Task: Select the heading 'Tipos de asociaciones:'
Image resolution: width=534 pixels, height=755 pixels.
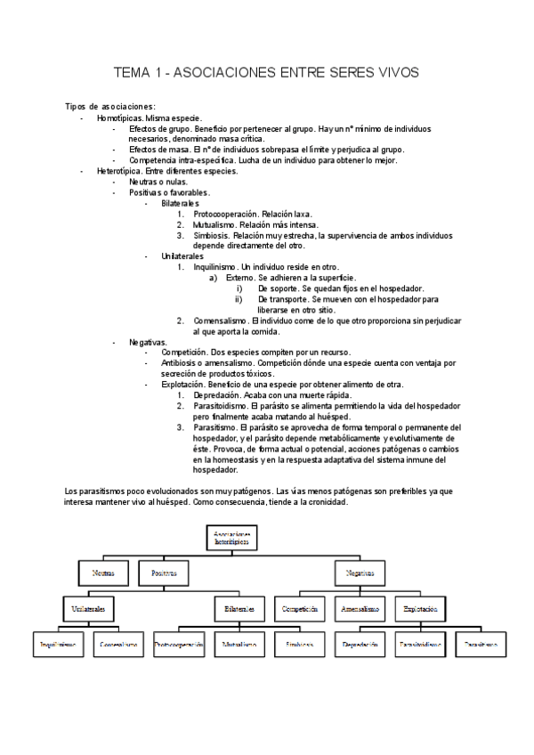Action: pos(110,107)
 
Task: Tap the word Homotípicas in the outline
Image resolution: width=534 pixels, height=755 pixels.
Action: pos(119,118)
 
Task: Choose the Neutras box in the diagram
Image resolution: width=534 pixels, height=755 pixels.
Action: pos(103,573)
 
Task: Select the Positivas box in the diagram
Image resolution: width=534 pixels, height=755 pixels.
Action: pos(165,573)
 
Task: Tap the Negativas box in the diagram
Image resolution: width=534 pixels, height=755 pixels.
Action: pos(360,573)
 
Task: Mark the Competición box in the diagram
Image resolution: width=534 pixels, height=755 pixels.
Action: pos(300,609)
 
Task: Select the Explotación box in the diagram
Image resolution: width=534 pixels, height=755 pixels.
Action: pos(420,609)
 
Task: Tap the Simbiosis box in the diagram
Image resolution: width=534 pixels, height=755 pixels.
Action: pos(300,644)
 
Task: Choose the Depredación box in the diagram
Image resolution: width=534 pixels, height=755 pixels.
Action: pos(360,644)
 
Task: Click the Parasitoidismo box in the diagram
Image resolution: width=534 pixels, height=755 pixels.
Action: pos(420,644)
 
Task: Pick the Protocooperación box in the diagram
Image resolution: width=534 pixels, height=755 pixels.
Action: pos(178,644)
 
